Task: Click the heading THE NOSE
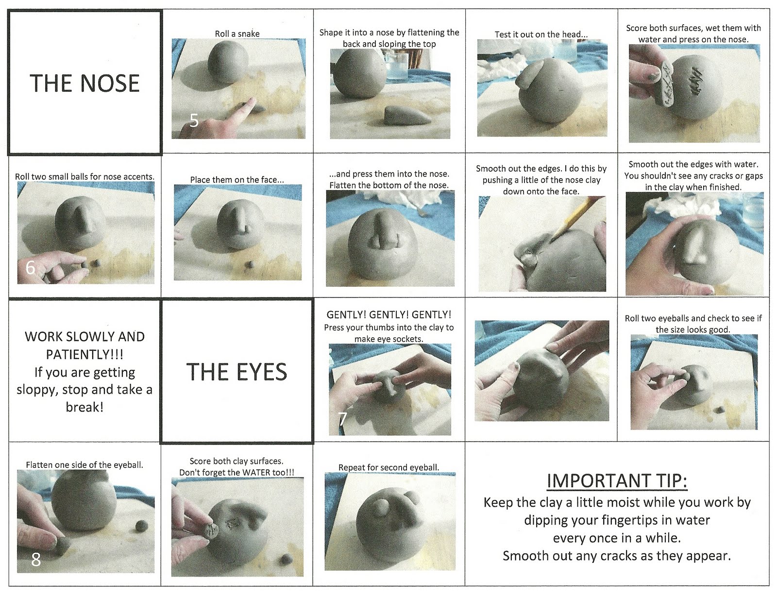(84, 83)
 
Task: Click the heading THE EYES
(236, 372)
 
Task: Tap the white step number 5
(194, 121)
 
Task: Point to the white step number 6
(31, 268)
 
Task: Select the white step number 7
(342, 419)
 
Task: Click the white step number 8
(36, 560)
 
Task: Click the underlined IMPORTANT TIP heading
(617, 481)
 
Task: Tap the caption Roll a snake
(237, 33)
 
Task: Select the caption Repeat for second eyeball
(388, 467)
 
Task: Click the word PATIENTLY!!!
(84, 354)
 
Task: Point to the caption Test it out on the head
(541, 34)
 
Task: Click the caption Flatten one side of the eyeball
(84, 464)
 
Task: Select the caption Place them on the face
(237, 180)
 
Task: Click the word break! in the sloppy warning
(84, 407)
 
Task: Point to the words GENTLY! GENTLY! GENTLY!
(388, 314)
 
